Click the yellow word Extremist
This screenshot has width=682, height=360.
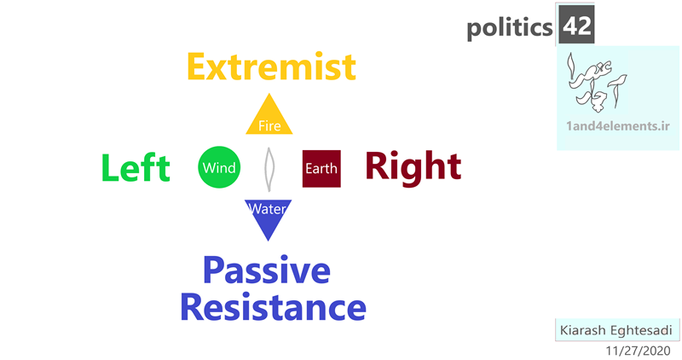[271, 67]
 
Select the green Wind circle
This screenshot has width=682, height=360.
[219, 167]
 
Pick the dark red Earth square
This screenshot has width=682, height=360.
[321, 168]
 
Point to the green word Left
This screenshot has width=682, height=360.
[136, 167]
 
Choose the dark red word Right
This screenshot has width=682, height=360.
[413, 166]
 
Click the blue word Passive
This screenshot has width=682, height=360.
[267, 271]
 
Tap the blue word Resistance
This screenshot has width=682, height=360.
[273, 307]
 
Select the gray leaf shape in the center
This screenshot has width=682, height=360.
[269, 169]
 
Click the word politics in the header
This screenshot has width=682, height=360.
[509, 28]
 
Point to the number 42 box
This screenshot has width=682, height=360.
[576, 25]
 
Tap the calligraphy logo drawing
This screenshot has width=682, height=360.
[597, 82]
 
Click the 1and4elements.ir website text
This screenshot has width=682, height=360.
[617, 125]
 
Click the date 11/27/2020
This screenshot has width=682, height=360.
[638, 351]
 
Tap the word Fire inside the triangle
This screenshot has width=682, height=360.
[269, 125]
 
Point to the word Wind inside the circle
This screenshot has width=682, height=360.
[219, 167]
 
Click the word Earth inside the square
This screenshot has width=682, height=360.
[321, 168]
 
